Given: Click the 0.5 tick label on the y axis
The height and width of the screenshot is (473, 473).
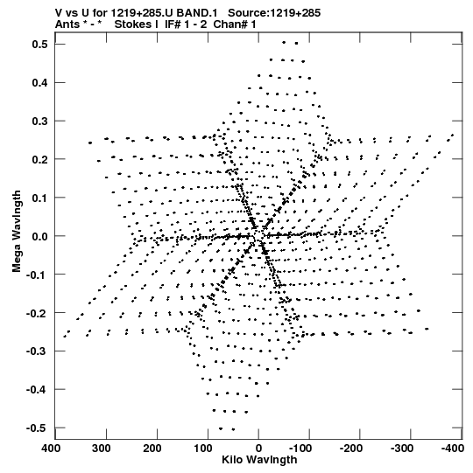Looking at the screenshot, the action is (40, 45).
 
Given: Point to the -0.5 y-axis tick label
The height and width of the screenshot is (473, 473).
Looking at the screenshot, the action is (37, 428).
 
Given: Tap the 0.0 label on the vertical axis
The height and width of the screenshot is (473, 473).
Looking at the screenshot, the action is (40, 236).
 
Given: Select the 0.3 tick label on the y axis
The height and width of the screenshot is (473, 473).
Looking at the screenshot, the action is (40, 121).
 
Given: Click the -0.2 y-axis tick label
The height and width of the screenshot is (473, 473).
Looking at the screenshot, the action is (37, 313).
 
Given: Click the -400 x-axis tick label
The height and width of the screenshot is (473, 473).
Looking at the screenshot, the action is (452, 449).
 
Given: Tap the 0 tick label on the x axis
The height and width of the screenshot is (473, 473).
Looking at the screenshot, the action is (258, 449).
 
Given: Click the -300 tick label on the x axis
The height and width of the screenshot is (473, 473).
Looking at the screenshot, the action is (401, 449).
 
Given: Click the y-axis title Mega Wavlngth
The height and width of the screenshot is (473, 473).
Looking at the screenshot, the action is (17, 232).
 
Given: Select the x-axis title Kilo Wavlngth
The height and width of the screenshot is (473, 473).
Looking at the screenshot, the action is (259, 460).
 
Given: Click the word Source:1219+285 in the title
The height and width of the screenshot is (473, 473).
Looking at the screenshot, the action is (274, 13).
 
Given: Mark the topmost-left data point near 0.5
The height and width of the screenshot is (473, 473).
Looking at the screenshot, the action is (284, 43).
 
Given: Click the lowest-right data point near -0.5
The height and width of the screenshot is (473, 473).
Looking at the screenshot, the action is (233, 429).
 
